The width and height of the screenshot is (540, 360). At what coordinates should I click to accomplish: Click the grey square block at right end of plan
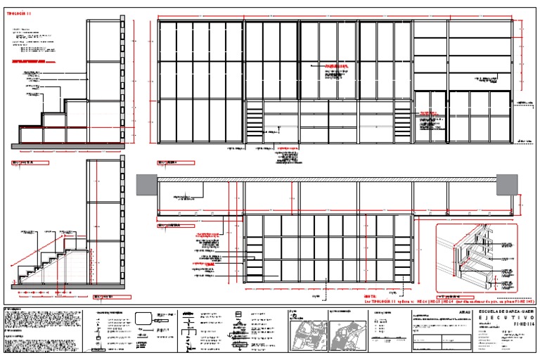(x=507, y=184)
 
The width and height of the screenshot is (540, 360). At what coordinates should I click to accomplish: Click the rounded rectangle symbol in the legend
(x=143, y=320)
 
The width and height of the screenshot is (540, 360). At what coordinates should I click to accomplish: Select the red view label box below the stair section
(x=103, y=296)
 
